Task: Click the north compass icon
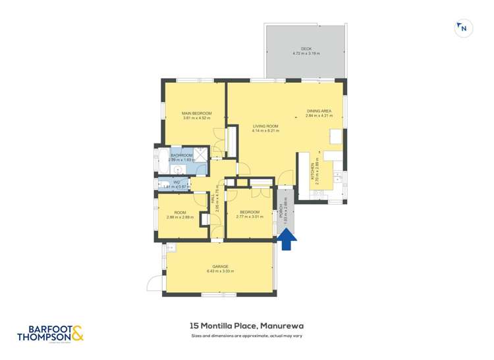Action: pos(464,28)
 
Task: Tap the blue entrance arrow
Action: pos(287,238)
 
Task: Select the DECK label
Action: pos(306,49)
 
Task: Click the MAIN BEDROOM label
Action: pos(197,113)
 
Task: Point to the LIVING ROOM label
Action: pos(265,126)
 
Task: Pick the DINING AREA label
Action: pos(319,111)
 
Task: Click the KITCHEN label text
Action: pos(314,172)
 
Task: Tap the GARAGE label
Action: pos(220,267)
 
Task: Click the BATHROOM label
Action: pos(181,155)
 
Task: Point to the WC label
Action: pos(177,182)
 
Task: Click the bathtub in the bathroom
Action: pos(162,160)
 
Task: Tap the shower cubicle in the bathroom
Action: pos(201,155)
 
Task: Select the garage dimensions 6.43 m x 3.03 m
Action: pos(220,271)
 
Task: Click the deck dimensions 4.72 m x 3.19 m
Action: pos(306,53)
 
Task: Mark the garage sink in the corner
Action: pos(170,248)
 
